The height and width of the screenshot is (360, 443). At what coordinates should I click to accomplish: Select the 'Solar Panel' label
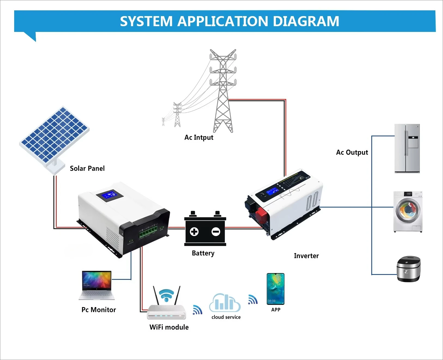(87, 169)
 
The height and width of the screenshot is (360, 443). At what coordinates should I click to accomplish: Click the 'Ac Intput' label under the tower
(199, 137)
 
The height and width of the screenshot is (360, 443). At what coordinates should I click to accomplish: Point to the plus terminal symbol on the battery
(194, 232)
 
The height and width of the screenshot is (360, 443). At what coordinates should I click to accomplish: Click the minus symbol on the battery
(216, 232)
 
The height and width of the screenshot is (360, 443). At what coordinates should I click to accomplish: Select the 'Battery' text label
(203, 253)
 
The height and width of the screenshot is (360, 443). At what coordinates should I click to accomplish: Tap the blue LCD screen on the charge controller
(110, 195)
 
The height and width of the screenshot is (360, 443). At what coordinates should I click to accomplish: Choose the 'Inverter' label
(306, 256)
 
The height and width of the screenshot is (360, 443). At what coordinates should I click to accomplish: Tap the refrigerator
(407, 148)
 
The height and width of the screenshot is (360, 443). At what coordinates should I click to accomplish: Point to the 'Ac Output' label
(352, 152)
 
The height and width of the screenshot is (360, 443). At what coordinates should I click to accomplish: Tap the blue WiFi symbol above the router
(167, 295)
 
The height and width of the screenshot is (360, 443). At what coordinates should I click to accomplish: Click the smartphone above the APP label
(275, 289)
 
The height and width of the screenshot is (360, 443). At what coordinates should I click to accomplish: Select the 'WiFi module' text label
(169, 327)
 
